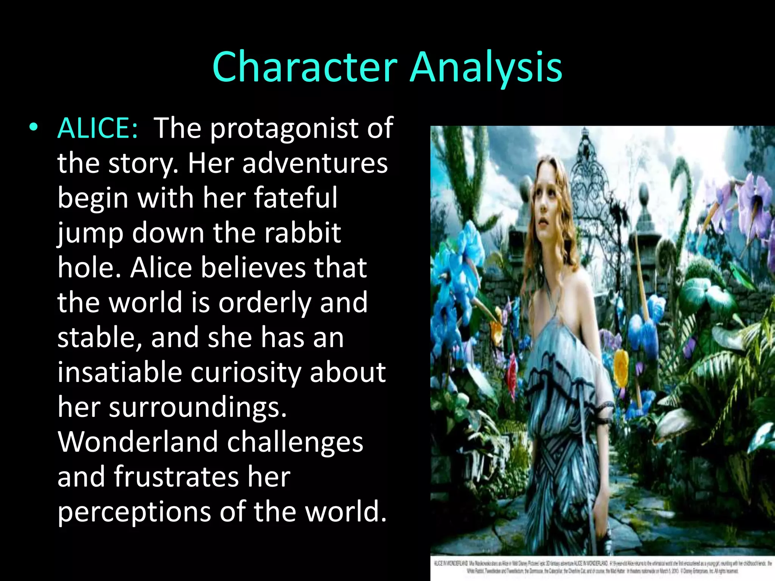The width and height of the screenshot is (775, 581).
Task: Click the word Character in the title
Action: [305, 67]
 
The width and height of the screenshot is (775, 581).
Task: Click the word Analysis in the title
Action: [486, 67]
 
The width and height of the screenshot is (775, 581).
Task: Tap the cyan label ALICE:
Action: [98, 128]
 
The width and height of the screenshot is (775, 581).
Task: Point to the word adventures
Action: [315, 163]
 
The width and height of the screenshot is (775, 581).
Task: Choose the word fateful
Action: [295, 197]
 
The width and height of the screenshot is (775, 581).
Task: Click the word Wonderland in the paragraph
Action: [138, 442]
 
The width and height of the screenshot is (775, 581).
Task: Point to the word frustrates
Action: [176, 477]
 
